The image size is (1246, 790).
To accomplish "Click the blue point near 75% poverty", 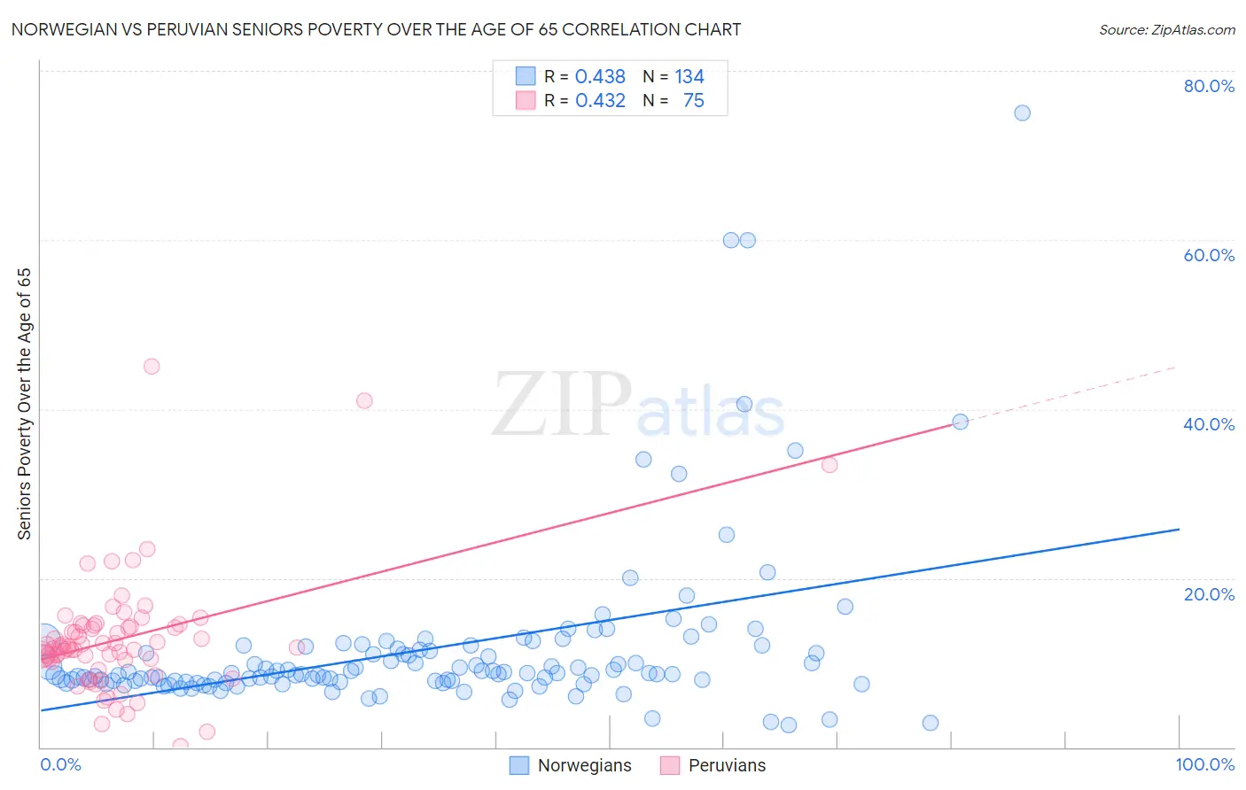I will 1022,112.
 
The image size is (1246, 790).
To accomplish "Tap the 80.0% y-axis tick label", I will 1208,86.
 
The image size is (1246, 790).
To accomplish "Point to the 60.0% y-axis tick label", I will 1208,255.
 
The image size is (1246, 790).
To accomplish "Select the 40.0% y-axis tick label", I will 1208,424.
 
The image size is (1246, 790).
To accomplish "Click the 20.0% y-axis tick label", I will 1208,594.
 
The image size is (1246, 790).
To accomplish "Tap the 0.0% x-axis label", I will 60,764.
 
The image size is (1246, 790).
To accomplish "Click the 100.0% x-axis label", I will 1204,764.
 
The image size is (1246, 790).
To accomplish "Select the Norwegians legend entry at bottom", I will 571,765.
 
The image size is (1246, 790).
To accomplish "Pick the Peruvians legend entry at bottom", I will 713,765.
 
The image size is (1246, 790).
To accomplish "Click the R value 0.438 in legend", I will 600,77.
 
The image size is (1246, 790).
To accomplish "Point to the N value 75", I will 693,101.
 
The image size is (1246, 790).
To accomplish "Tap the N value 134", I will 689,77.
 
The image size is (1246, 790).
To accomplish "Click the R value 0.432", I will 600,101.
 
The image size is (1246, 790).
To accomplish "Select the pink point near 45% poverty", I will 152,366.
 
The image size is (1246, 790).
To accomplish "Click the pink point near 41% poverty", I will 364,400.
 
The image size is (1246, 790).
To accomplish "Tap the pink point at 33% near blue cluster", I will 829,464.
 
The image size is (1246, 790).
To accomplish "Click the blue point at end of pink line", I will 960,422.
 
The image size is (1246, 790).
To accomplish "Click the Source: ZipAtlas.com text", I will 1166,29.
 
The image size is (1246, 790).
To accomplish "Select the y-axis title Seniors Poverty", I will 25,403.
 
